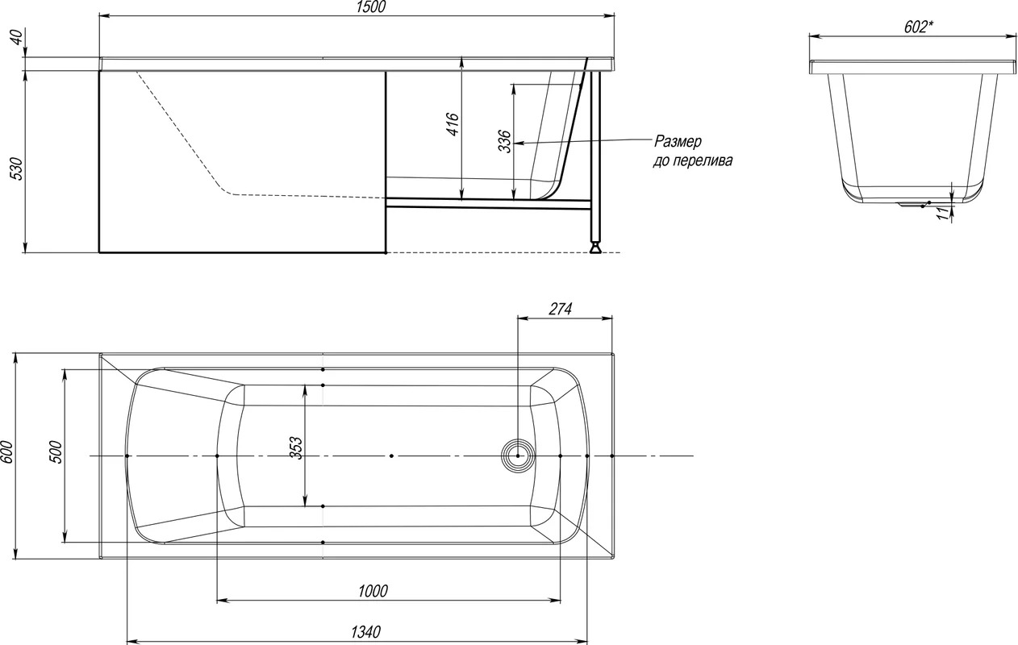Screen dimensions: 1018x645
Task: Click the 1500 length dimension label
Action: coord(371,6)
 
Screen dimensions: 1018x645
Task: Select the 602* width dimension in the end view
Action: coord(919,27)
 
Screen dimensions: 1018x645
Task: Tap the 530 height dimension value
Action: coord(16,169)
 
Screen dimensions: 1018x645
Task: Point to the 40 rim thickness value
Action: coord(16,37)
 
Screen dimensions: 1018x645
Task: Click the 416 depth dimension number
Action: coord(453,124)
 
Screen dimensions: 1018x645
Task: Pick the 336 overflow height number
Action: coord(504,141)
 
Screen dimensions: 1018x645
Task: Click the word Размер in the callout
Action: coord(678,142)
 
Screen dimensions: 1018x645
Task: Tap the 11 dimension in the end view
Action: coord(945,213)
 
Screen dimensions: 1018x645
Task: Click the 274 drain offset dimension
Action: coord(560,309)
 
